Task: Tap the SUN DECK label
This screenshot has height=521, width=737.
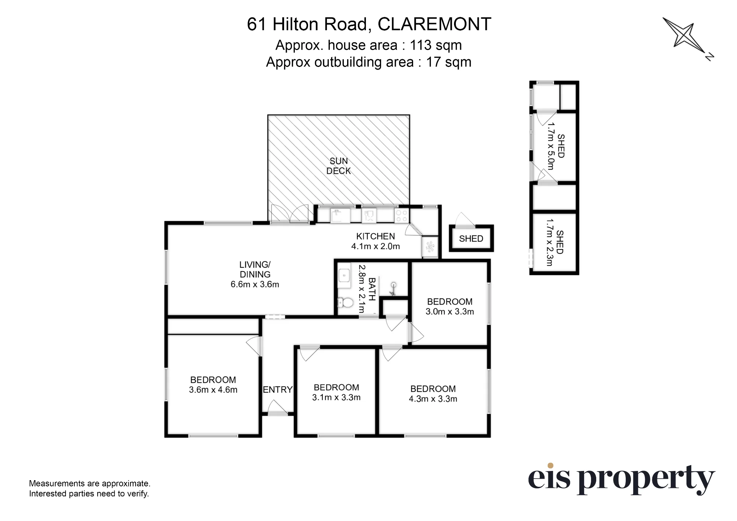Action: pyautogui.click(x=338, y=166)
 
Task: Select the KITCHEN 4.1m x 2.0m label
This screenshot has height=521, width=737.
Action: pyautogui.click(x=376, y=241)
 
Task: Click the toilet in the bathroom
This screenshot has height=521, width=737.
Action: pyautogui.click(x=345, y=302)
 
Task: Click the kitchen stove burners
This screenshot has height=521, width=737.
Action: pyautogui.click(x=401, y=216)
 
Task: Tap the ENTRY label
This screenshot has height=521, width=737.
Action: pyautogui.click(x=277, y=390)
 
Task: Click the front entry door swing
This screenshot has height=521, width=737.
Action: pyautogui.click(x=277, y=408)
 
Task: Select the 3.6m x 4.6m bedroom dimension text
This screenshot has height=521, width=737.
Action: pyautogui.click(x=213, y=390)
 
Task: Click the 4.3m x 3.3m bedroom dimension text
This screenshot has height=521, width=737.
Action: pyautogui.click(x=433, y=399)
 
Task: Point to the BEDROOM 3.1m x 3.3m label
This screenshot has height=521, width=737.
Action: pyautogui.click(x=336, y=392)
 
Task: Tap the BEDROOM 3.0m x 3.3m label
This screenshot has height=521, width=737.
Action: pyautogui.click(x=450, y=306)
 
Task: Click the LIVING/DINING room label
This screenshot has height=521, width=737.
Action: pyautogui.click(x=255, y=274)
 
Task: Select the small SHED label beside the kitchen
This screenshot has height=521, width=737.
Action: pyautogui.click(x=471, y=239)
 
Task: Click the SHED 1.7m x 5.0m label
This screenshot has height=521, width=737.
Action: pyautogui.click(x=556, y=146)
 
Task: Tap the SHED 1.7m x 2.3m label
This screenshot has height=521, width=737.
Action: pyautogui.click(x=555, y=242)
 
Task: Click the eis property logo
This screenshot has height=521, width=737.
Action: pyautogui.click(x=621, y=479)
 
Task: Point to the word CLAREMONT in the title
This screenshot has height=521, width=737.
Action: pyautogui.click(x=434, y=24)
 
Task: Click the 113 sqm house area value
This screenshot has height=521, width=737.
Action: pyautogui.click(x=436, y=45)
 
